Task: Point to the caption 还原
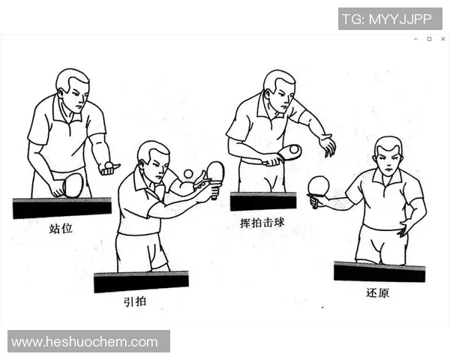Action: (x=378, y=292)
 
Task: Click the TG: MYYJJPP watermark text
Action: (x=386, y=19)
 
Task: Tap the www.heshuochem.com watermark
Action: (x=85, y=342)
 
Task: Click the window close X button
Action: (x=443, y=38)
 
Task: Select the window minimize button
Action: (x=415, y=38)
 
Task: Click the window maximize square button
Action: (x=429, y=38)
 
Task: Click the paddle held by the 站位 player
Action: (x=73, y=184)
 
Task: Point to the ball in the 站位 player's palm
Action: (x=109, y=164)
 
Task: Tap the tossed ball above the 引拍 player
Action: (x=187, y=174)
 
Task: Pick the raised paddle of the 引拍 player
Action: (x=215, y=172)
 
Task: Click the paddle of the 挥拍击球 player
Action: (x=289, y=152)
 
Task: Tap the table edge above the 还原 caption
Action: (x=379, y=270)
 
